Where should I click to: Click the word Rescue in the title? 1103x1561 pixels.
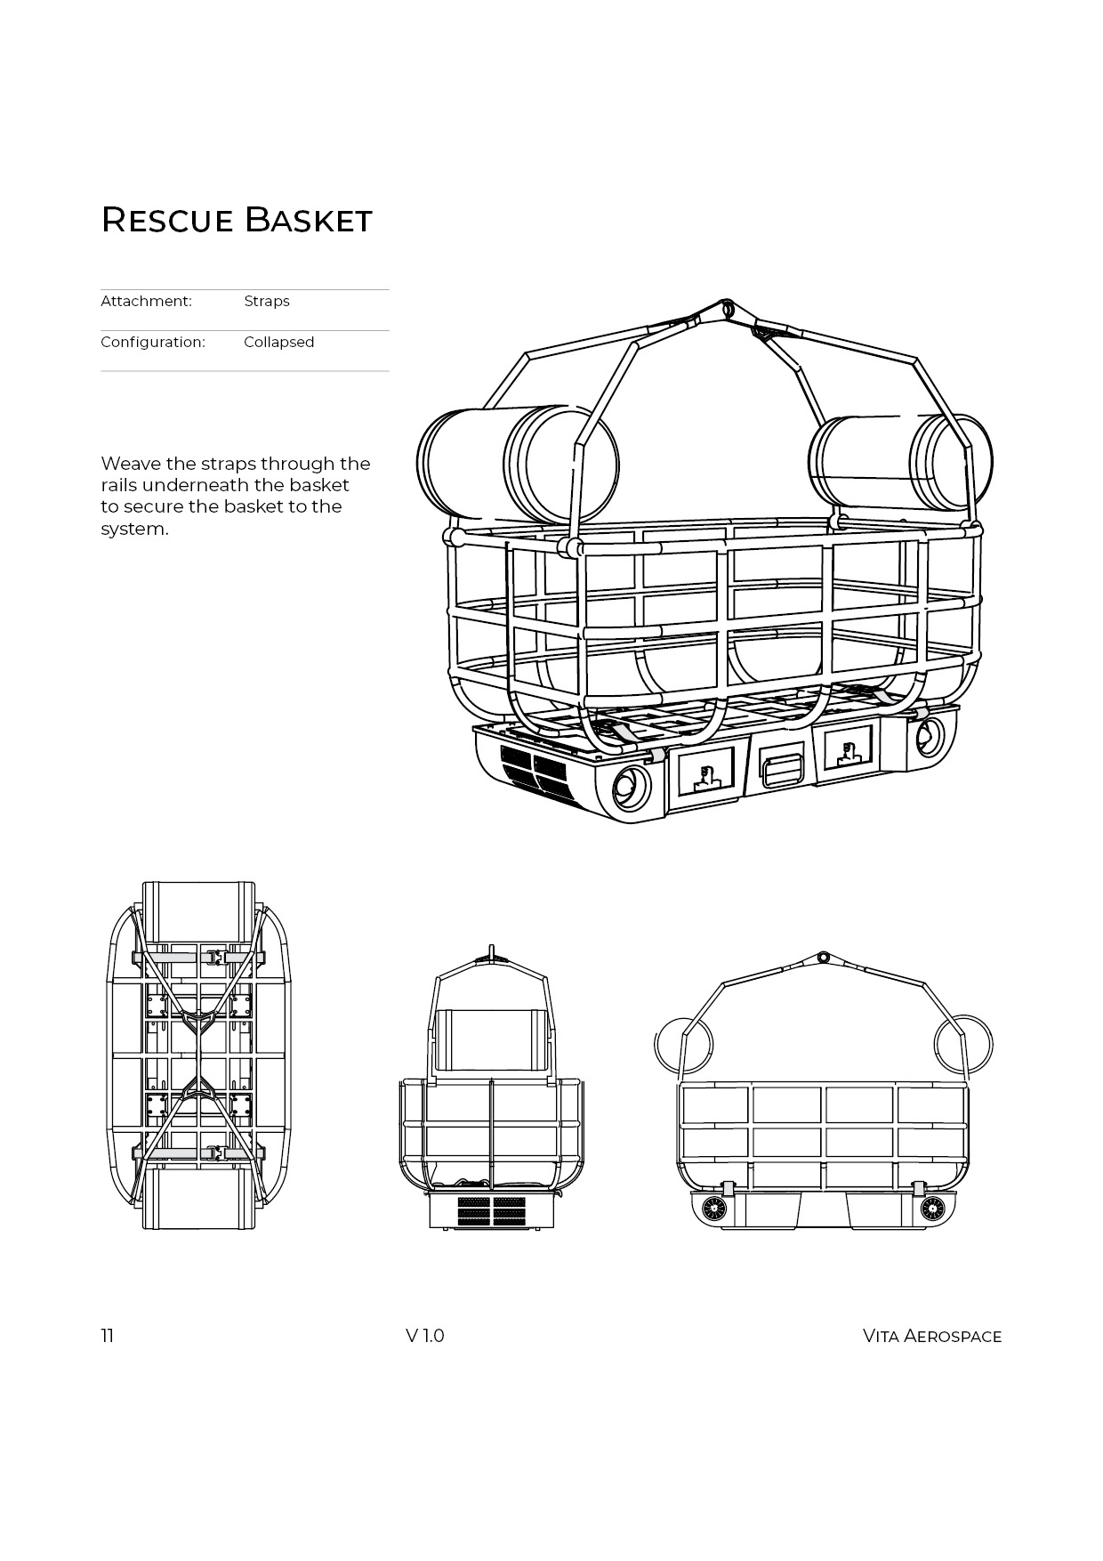(x=166, y=220)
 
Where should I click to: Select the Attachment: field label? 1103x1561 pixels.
(x=146, y=301)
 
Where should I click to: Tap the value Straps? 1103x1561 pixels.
(x=267, y=301)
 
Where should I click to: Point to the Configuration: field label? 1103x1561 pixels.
(x=153, y=342)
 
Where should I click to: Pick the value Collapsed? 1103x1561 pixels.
(x=278, y=342)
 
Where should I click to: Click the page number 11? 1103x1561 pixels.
(x=108, y=1336)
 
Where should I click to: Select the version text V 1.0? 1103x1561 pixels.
(x=424, y=1336)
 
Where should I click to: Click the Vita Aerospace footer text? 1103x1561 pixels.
(x=931, y=1336)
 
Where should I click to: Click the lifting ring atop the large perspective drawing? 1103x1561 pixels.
(x=728, y=308)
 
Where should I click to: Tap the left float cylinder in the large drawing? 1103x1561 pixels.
(x=518, y=465)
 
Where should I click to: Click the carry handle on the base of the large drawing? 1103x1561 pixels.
(x=781, y=768)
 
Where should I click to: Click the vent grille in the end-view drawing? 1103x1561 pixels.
(x=491, y=1211)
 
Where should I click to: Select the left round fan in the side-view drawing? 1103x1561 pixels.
(x=714, y=1208)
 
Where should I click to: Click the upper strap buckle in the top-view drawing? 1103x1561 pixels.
(x=213, y=957)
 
